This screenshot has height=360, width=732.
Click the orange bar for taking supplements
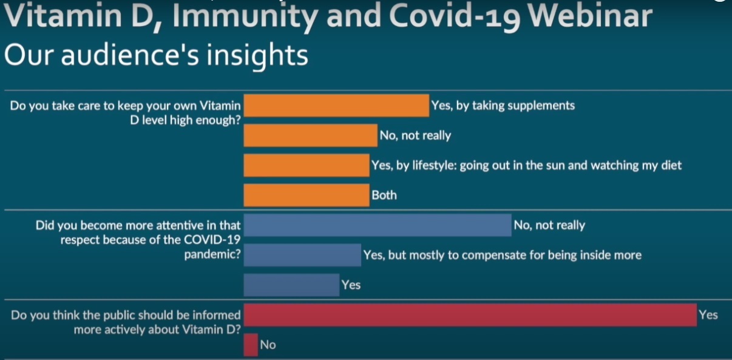coord(336,106)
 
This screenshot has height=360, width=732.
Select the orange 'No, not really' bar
coord(310,135)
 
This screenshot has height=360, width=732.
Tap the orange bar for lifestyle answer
coord(307,165)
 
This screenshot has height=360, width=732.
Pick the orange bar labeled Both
coord(307,195)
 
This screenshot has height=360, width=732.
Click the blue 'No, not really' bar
coord(378,225)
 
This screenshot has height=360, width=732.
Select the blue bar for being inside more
coord(302,255)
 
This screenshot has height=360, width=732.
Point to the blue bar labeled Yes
coord(291,285)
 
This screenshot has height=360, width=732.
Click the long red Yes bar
coord(470,314)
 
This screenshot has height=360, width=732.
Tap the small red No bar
coord(251,345)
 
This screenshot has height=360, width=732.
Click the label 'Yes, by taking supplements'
coord(503,106)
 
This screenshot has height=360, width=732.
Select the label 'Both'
coord(384,195)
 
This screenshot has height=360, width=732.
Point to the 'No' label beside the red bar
coord(268,345)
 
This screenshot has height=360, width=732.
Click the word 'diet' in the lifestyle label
coord(671,165)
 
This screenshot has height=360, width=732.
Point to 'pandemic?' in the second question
coord(212,254)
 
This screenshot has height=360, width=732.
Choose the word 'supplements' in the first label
coord(541,106)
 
